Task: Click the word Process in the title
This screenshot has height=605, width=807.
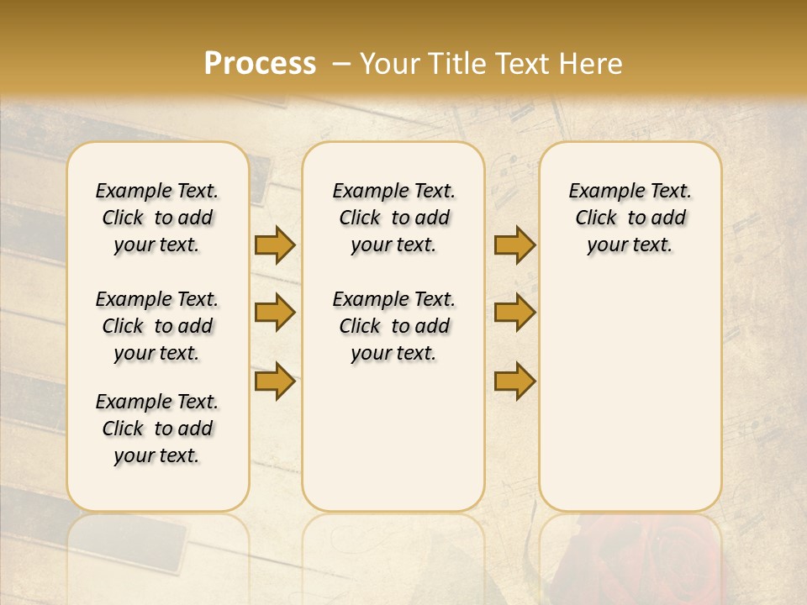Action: [260, 64]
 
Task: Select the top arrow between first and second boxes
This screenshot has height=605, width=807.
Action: [275, 245]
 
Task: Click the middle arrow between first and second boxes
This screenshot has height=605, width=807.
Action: [275, 313]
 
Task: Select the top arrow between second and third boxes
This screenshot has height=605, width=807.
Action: [514, 245]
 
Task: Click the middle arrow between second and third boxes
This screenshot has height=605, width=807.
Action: [514, 313]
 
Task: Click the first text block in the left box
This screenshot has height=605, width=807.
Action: [157, 218]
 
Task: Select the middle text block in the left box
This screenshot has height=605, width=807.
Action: [157, 326]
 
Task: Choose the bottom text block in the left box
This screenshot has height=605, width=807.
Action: [157, 429]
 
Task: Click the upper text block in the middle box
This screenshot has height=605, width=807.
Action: [393, 218]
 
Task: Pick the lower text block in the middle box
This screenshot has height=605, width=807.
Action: [393, 326]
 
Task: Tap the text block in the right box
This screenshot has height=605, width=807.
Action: [630, 218]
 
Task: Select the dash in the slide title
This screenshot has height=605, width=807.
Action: [341, 64]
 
